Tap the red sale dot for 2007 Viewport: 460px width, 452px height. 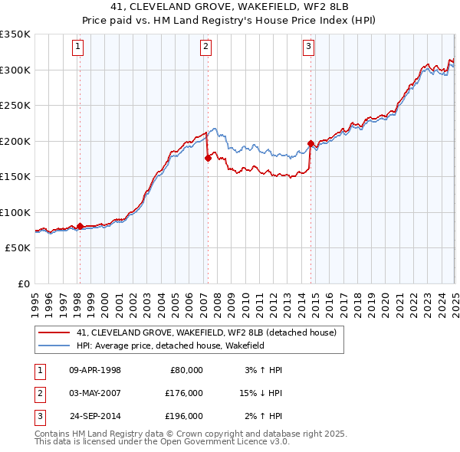tap(208, 159)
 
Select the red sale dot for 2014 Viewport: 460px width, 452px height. tap(310, 143)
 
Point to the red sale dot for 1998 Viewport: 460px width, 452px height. tap(80, 226)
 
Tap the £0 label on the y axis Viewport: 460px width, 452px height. tap(23, 283)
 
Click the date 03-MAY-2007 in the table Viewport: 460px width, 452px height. tap(94, 393)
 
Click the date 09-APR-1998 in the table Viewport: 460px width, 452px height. tap(94, 370)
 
